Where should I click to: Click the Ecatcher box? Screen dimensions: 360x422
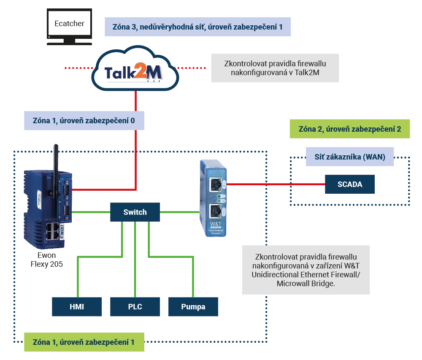point(69,24)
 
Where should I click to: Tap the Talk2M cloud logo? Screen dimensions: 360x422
point(134,72)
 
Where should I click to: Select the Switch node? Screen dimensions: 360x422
point(135,212)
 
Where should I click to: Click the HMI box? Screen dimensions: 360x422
point(77,307)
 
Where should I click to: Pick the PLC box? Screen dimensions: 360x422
point(135,307)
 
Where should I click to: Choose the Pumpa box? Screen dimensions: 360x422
point(193,307)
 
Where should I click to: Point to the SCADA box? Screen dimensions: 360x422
point(349,184)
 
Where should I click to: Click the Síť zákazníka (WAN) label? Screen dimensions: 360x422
point(349,157)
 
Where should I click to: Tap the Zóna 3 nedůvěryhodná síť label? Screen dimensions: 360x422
point(198,27)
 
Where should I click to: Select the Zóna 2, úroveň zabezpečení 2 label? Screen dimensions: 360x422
point(349,129)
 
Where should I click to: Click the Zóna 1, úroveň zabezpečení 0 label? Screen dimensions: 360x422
point(84,120)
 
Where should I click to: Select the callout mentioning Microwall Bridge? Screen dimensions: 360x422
point(306,270)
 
